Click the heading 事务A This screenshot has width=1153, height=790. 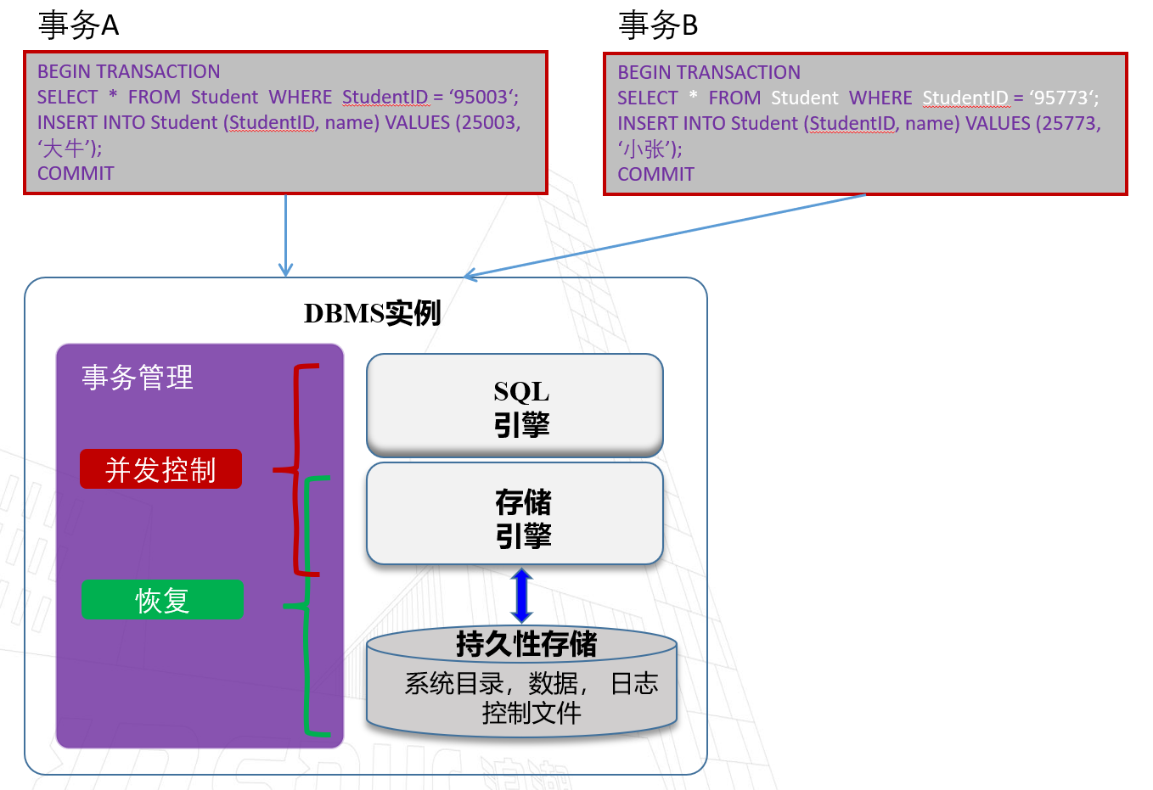(78, 25)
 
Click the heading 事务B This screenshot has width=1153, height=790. (658, 25)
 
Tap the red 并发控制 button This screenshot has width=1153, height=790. (160, 469)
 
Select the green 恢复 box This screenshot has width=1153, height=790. (162, 600)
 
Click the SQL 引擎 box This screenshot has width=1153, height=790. (515, 406)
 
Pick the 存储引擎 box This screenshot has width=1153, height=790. (515, 514)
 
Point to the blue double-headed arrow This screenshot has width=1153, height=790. (521, 596)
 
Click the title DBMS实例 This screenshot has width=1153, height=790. (372, 313)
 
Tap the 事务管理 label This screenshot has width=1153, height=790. (138, 378)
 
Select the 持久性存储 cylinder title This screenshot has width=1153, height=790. (526, 644)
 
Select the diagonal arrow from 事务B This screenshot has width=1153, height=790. (662, 236)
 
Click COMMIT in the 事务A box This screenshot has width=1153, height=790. (76, 173)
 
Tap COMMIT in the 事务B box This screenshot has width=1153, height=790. (655, 174)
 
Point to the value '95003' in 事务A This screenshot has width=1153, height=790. (482, 97)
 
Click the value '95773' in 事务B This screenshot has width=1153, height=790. (1062, 98)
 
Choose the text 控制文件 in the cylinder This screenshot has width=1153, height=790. (532, 713)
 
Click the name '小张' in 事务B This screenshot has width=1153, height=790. (647, 149)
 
